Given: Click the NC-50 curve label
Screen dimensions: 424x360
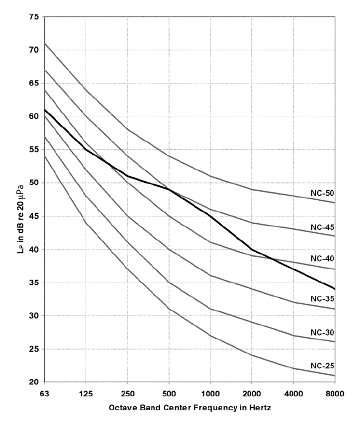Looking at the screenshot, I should click(322, 193).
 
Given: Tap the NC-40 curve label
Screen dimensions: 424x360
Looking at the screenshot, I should click(322, 259).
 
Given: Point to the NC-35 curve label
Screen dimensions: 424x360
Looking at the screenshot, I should click(322, 299).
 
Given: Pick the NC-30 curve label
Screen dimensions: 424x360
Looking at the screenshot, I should click(322, 332).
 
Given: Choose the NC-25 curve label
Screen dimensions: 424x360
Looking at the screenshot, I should click(322, 366).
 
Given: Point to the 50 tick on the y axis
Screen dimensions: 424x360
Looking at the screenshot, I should click(34, 183).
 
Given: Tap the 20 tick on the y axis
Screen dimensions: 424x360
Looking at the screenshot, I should click(34, 382).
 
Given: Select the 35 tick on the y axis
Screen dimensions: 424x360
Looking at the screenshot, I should click(34, 282).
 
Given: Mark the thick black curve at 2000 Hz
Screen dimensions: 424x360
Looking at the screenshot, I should click(251, 249).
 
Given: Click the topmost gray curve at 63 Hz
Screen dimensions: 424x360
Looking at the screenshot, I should click(44, 43).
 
